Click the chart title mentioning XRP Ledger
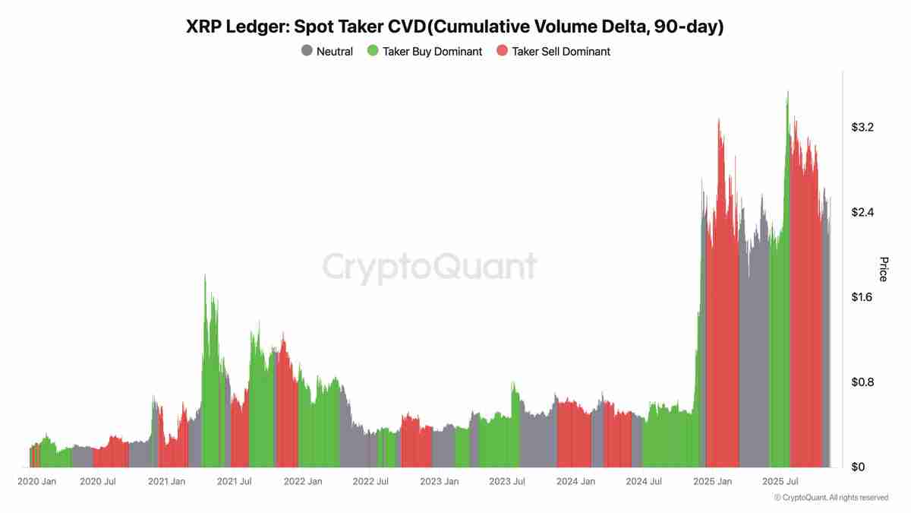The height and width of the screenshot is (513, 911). pyautogui.click(x=455, y=27)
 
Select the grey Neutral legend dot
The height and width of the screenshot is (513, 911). pyautogui.click(x=307, y=52)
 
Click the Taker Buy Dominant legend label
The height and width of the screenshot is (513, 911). pyautogui.click(x=432, y=52)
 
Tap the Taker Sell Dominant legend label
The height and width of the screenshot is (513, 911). pyautogui.click(x=561, y=52)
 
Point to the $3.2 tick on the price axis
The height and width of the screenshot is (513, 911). pyautogui.click(x=863, y=127)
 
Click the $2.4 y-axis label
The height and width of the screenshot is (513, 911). pyautogui.click(x=863, y=212)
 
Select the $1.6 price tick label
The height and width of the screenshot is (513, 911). pyautogui.click(x=863, y=296)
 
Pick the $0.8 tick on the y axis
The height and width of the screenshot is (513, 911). pyautogui.click(x=863, y=382)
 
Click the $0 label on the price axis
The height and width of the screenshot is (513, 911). pyautogui.click(x=857, y=467)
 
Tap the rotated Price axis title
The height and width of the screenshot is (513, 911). pyautogui.click(x=883, y=269)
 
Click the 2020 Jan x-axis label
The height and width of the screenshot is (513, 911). pyautogui.click(x=36, y=481)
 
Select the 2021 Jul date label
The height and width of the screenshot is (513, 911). pyautogui.click(x=235, y=481)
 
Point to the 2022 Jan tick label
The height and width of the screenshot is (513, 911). pyautogui.click(x=302, y=481)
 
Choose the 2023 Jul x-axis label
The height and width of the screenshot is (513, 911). pyautogui.click(x=507, y=481)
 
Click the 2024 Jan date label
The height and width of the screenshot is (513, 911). pyautogui.click(x=575, y=481)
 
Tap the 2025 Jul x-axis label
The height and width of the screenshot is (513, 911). pyautogui.click(x=780, y=481)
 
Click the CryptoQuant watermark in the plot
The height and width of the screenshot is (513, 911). pyautogui.click(x=430, y=268)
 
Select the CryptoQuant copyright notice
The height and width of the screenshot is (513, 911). pyautogui.click(x=831, y=498)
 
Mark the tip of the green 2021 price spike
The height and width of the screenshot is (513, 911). pyautogui.click(x=205, y=275)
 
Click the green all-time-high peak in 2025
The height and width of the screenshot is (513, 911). pyautogui.click(x=788, y=92)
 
